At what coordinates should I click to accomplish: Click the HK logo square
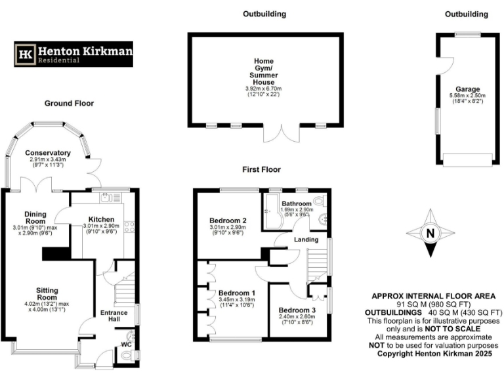pos(26,54)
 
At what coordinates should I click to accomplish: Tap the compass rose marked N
pos(430,233)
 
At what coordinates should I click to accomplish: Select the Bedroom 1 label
pos(237,292)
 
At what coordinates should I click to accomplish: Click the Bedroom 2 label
pos(228,220)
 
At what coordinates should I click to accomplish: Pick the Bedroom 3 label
pos(296,310)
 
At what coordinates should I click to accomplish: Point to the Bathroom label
pos(297,203)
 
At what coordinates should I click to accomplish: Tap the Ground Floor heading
pos(69,103)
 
